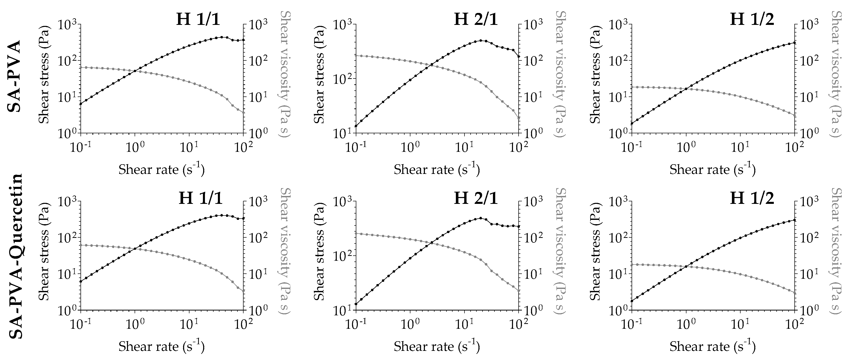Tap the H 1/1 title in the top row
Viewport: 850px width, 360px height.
click(198, 19)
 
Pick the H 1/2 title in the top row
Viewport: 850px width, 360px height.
click(752, 19)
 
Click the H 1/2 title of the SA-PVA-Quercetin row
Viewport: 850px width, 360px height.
click(752, 199)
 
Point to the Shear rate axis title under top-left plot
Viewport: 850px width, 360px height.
click(161, 169)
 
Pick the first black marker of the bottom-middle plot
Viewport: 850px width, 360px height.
click(356, 304)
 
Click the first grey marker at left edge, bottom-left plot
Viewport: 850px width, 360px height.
click(81, 245)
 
